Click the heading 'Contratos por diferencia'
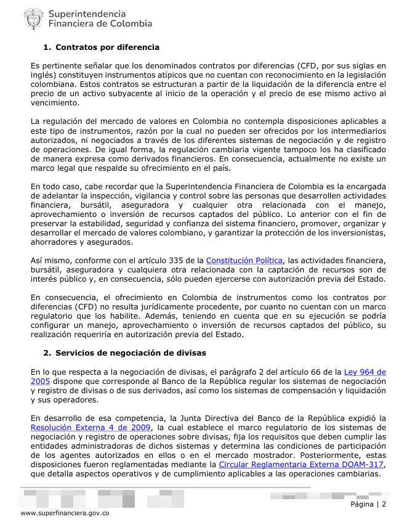[107, 47]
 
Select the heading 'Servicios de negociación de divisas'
[131, 353]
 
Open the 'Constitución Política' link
[244, 261]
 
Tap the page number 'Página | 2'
[368, 504]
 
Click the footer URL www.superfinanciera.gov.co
[65, 513]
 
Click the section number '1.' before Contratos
[47, 47]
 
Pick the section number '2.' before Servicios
[47, 353]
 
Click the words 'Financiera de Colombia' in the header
[100, 24]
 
